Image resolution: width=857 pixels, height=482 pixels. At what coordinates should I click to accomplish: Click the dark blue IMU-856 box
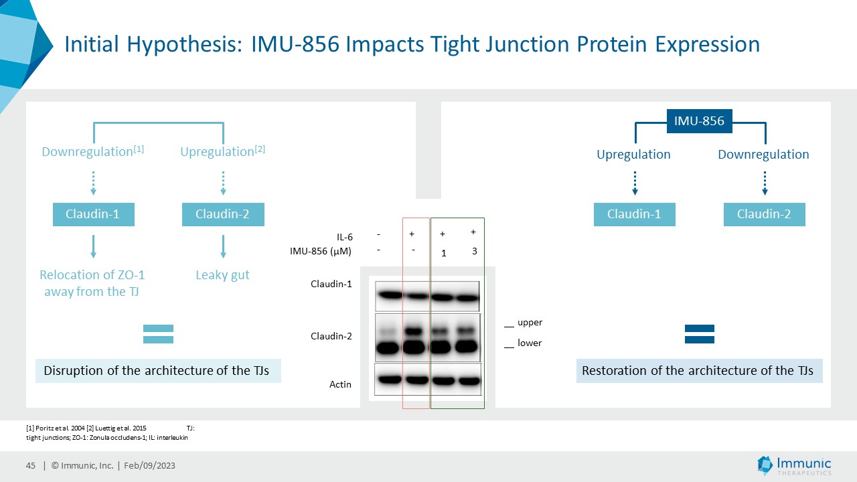coord(700,121)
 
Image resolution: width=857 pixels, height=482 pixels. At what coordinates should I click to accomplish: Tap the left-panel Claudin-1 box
coord(94,214)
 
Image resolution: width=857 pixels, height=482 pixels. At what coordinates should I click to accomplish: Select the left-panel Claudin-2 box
coord(223,214)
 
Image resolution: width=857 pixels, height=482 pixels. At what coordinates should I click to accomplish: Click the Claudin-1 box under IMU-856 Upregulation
coord(634,214)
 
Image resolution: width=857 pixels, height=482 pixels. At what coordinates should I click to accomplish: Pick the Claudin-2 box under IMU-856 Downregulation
coord(765,214)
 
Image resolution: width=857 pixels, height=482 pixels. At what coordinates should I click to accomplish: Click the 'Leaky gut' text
coord(223,275)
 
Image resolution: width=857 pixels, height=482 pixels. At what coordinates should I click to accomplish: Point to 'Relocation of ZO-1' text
coord(92,274)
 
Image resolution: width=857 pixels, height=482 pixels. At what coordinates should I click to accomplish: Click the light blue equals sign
coord(159,334)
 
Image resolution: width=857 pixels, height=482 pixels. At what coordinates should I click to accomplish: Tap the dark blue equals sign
coord(700,334)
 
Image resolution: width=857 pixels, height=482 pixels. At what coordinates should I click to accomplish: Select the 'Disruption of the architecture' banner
coord(159,371)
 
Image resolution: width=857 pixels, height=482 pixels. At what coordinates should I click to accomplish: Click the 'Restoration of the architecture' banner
coord(700,371)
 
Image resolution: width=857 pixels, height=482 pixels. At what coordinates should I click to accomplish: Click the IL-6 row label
coord(345,237)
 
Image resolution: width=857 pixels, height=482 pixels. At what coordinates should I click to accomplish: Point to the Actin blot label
coord(340,384)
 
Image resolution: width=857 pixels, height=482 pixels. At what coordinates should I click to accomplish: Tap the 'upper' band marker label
coord(530,323)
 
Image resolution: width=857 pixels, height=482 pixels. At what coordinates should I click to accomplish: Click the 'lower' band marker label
coord(530,343)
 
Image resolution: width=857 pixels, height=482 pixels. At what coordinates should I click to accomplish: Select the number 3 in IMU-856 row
coord(475,251)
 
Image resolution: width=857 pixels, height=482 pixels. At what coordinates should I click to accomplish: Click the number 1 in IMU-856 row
coord(443,253)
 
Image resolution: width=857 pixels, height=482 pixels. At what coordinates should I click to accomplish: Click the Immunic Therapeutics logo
coord(794,465)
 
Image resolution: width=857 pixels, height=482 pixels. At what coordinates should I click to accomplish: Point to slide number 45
coord(31,465)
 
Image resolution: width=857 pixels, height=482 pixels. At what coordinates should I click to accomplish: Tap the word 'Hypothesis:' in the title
coord(184,44)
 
